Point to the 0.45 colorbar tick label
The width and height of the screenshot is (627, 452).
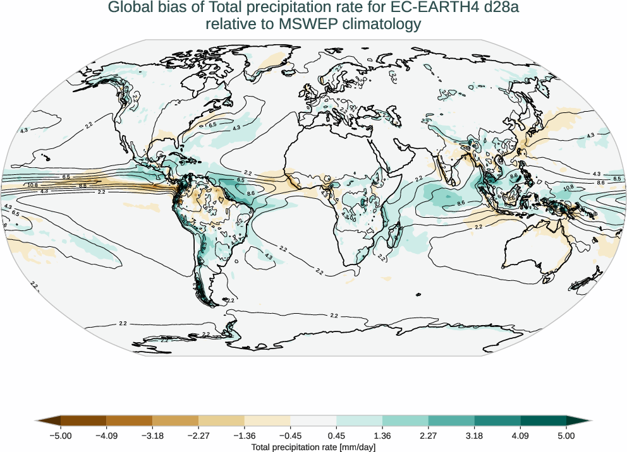coord(336,436)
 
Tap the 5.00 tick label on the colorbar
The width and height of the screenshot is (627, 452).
coord(566,436)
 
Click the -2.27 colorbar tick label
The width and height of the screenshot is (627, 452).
coord(198,436)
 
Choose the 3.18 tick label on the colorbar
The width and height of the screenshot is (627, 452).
coord(474,436)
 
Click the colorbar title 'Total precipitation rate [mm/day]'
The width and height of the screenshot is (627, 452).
coord(313,447)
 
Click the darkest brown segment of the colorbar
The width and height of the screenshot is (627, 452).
coord(82,420)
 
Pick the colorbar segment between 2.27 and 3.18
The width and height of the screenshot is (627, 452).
coord(451,420)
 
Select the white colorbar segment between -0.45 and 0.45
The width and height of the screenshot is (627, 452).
coord(313,420)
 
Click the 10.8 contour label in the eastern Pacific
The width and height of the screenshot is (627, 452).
coord(33,185)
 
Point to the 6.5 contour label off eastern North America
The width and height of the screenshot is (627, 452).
coord(212,125)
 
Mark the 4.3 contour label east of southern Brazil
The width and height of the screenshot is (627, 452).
coord(268,256)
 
